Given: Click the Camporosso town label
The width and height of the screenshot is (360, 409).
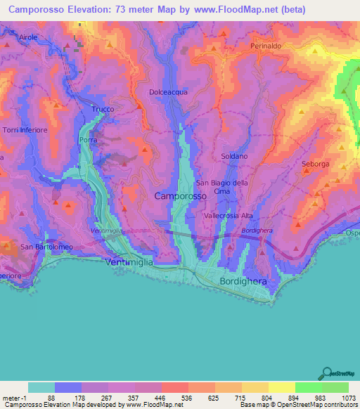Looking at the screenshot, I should coord(180,197).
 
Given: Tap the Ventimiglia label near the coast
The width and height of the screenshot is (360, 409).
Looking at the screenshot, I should coord(129,261).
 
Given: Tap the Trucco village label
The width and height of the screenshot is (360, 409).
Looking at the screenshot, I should coord(103,110).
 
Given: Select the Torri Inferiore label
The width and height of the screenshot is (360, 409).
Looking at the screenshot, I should coord(25,130).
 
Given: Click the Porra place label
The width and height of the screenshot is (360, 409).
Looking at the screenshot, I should coord(89,141).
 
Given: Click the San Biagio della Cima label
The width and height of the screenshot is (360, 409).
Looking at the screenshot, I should coord(221,187).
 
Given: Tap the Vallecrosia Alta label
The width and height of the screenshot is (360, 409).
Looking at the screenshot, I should coord(232,216).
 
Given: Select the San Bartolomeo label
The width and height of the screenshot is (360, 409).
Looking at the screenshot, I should coord(46,247).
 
